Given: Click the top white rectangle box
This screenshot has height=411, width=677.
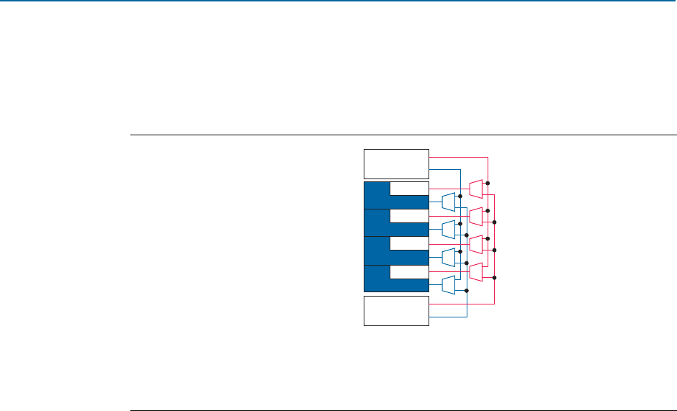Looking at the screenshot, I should pos(396,163).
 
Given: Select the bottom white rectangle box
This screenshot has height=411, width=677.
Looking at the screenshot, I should pos(396,310).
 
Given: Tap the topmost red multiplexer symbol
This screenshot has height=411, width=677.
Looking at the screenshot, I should pos(475,189).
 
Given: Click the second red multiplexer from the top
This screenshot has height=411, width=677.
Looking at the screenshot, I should pos(475,216).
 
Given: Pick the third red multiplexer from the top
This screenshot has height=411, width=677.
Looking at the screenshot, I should pos(475,244).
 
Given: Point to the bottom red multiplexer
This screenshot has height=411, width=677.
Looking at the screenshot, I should pos(475,271).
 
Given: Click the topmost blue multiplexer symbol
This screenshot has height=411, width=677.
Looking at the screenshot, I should pos(448,202).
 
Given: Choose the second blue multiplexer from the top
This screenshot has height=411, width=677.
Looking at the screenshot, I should pos(448,230).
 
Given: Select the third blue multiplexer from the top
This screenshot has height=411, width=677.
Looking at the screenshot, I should pos(448,257).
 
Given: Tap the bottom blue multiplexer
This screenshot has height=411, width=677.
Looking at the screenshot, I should pos(448,285).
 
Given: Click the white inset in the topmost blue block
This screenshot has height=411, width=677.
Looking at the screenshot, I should pos(409,189).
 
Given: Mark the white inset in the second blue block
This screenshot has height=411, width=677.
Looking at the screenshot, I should pos(409,216).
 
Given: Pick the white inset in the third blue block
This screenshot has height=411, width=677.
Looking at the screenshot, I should pos(409,243).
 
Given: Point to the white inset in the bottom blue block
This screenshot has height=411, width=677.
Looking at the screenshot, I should pos(409,271).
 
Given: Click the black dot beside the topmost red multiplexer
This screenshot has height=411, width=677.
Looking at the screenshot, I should pos(488,184).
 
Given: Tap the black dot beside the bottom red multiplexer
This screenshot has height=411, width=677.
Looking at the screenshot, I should pos(495,277).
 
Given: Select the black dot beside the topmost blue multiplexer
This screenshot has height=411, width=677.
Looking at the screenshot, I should pos(459,197).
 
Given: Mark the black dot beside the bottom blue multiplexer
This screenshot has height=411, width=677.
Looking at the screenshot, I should pos(467,291).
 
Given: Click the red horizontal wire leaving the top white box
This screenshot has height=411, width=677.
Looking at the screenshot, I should pos(458,156).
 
